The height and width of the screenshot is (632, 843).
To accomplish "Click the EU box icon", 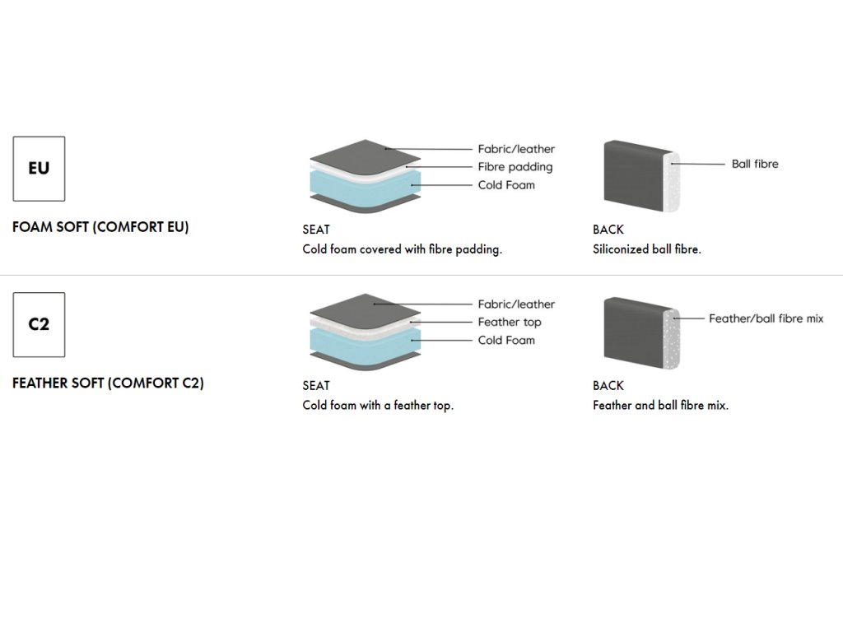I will [x=39, y=168].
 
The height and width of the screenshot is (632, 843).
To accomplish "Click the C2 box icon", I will [x=39, y=324].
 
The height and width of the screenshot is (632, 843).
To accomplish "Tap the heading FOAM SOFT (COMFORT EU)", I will [x=100, y=227].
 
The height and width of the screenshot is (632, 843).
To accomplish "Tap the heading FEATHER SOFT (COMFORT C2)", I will [x=108, y=383].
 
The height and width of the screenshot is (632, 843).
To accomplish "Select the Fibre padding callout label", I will [x=515, y=167].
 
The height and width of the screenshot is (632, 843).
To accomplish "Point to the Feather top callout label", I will [x=510, y=322].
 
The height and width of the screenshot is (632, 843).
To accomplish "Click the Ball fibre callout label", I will [x=754, y=164].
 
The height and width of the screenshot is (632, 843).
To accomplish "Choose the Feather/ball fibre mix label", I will [x=766, y=318].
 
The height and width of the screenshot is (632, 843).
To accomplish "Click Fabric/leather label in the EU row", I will [x=516, y=149].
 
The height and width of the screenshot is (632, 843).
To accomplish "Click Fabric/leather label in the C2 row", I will [x=516, y=304].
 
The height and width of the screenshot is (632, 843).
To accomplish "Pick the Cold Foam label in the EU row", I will [x=506, y=185].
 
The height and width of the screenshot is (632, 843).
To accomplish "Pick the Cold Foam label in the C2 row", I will [x=506, y=340].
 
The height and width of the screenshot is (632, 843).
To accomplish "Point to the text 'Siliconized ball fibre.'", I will [x=647, y=249].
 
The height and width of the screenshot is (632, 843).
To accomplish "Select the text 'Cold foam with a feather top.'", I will [x=378, y=405].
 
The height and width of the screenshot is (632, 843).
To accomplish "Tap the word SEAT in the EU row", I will [x=316, y=230].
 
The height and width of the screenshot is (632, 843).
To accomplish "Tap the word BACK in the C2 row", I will [x=608, y=385].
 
